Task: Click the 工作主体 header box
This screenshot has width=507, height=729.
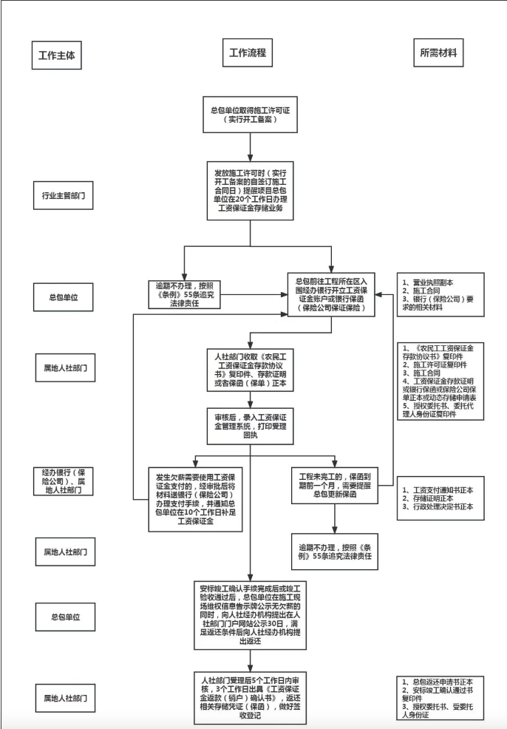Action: pos(55,54)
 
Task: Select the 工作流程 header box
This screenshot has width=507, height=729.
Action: pos(247,53)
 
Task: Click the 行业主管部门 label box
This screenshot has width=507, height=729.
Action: pos(63,197)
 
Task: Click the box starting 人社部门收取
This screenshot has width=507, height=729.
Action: pos(251,367)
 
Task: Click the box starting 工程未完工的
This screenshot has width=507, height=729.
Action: pos(334,482)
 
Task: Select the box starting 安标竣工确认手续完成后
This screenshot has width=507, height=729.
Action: pos(251,612)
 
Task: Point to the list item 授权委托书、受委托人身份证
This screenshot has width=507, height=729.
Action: pos(440,711)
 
